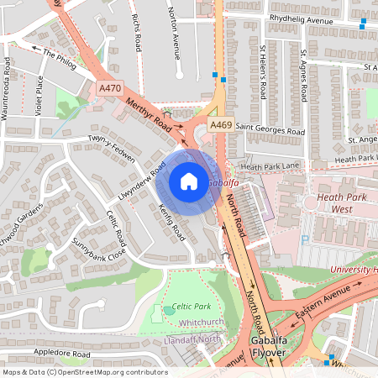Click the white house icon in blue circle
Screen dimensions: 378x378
[189, 181]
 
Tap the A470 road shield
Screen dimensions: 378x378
[109, 88]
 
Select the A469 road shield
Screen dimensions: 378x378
[221, 124]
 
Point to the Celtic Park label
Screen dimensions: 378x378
[191, 307]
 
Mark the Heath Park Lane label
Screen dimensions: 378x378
[270, 167]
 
